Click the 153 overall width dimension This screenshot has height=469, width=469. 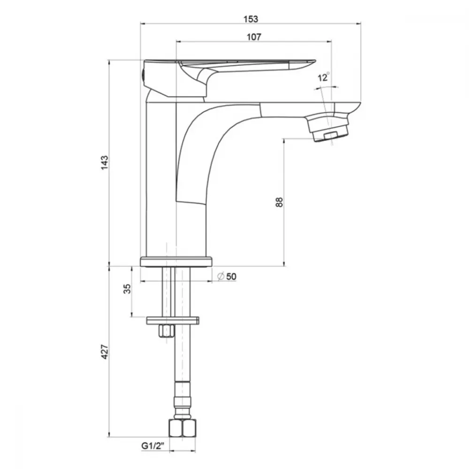click(250, 19)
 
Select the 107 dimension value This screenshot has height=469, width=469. click(254, 37)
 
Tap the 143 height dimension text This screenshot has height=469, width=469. click(105, 163)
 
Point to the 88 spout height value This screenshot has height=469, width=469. click(279, 202)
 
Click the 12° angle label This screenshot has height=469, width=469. click(323, 77)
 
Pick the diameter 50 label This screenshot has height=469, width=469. click(227, 276)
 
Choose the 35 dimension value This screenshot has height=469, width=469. click(127, 288)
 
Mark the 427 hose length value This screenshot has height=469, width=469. click(105, 352)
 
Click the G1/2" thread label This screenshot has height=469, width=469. click(153, 446)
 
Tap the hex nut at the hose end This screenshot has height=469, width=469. click(182, 428)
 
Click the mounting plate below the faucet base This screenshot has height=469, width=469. click(173, 320)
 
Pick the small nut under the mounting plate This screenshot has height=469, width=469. click(166, 331)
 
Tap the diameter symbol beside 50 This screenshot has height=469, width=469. click(221, 276)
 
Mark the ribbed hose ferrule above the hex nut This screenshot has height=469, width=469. click(182, 401)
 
